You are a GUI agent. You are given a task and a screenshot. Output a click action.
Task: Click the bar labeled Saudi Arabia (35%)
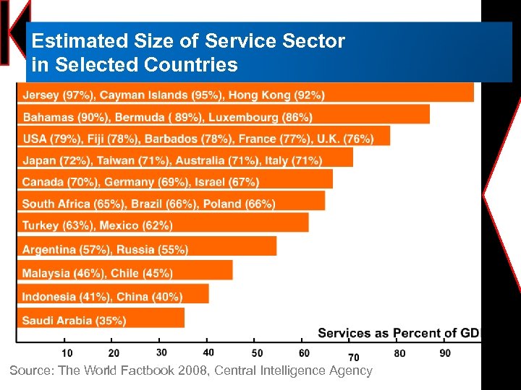(101, 318)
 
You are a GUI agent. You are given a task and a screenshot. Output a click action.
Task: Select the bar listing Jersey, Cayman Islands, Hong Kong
(245, 92)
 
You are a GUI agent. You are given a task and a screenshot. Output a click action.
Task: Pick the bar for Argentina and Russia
(147, 247)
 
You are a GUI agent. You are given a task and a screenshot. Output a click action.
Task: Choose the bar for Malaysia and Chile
(124, 271)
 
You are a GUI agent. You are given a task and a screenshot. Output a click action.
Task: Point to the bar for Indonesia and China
(113, 294)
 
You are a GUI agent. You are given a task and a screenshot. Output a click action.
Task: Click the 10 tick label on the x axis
(67, 353)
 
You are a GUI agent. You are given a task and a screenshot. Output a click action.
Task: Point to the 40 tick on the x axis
(208, 352)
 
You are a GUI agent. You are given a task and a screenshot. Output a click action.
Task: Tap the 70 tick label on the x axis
(354, 357)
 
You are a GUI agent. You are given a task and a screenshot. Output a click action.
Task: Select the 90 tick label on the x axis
(445, 353)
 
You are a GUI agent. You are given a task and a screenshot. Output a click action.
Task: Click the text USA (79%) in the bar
(51, 139)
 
